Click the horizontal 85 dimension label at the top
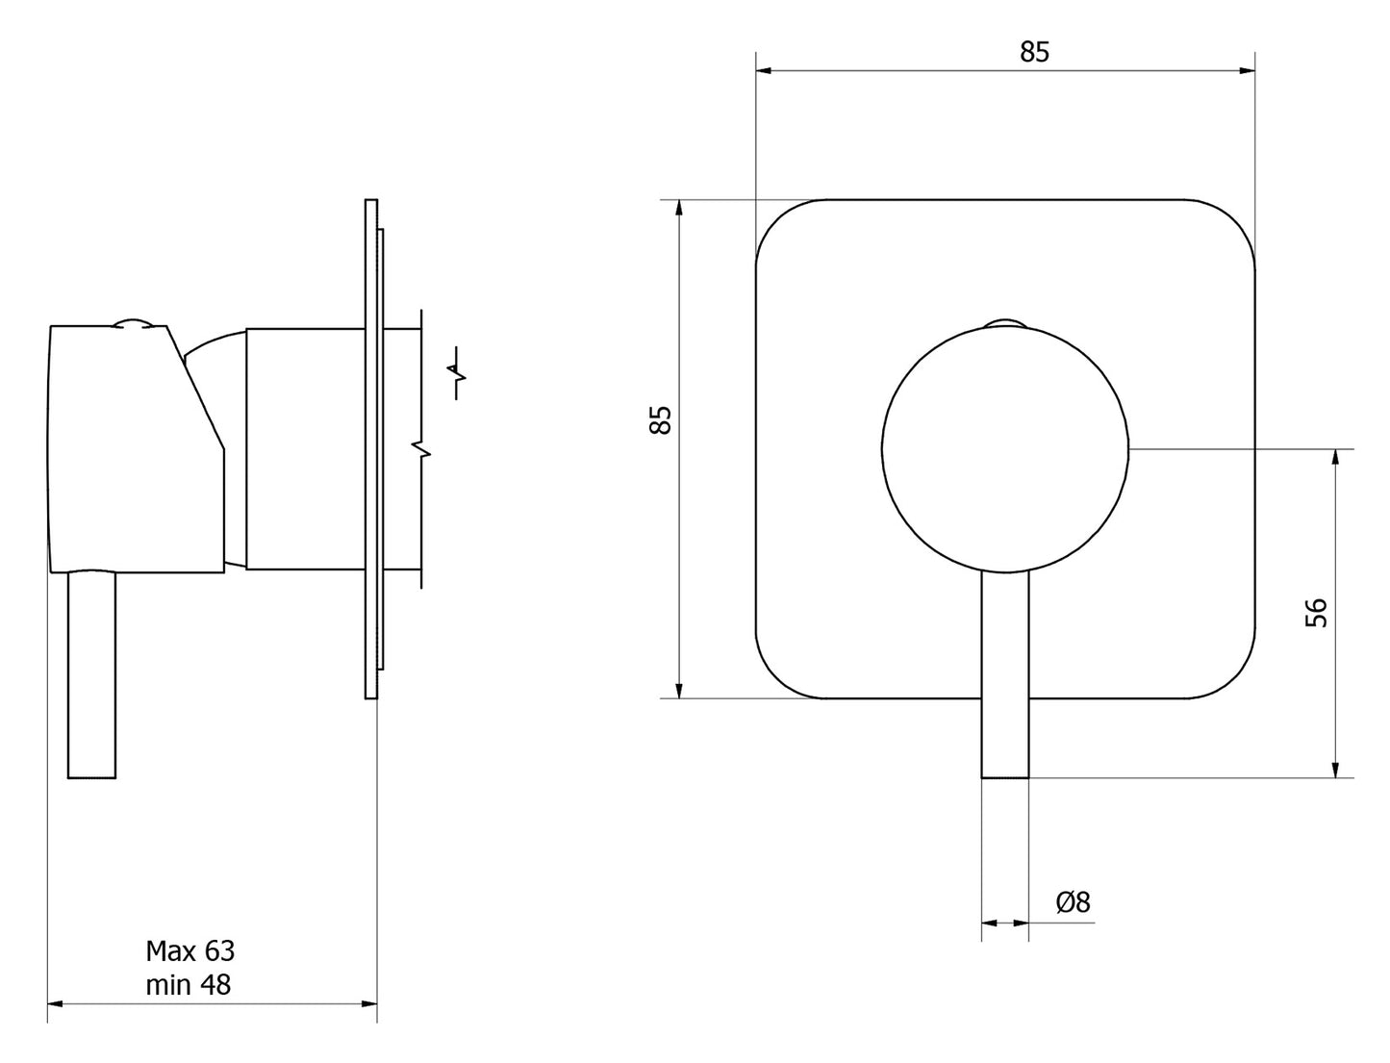(x=1033, y=52)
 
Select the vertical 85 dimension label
(x=660, y=419)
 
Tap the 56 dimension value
(x=1316, y=612)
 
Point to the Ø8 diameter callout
(x=1073, y=902)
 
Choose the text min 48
(x=189, y=985)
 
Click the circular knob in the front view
(x=1004, y=449)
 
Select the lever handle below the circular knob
(x=1005, y=675)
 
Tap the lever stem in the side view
(x=91, y=675)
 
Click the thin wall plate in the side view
(x=371, y=449)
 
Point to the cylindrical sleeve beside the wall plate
(x=305, y=449)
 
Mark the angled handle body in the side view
(x=137, y=449)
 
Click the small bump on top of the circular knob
(x=1005, y=324)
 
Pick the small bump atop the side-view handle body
(x=133, y=323)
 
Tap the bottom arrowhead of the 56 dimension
(x=1335, y=769)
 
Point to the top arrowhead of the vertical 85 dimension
(x=679, y=209)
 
